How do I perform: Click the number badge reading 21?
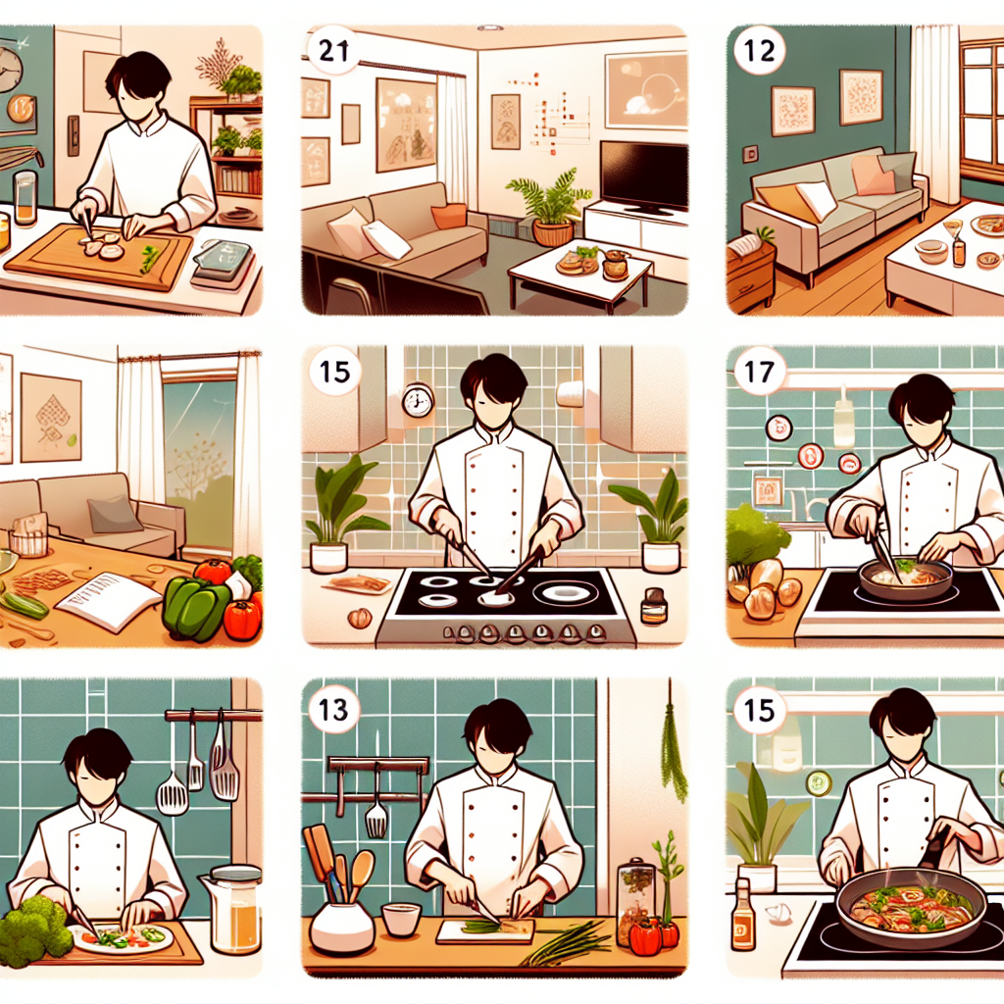[x=333, y=50]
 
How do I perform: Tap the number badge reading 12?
[x=760, y=50]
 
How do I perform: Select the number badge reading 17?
[x=760, y=372]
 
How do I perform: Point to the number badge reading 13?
[x=333, y=710]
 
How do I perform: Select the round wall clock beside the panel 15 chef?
[x=418, y=401]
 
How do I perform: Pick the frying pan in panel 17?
[x=904, y=578]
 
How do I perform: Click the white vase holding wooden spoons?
[x=341, y=928]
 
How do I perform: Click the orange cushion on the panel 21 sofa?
[x=449, y=217]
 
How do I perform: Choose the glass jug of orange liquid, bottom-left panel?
[x=232, y=909]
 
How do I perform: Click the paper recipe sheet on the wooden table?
[x=108, y=600]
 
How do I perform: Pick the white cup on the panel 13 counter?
[x=401, y=920]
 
